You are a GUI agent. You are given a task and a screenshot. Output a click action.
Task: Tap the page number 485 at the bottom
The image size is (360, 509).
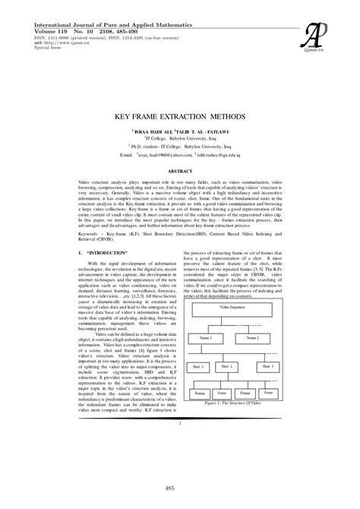point(180,487)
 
